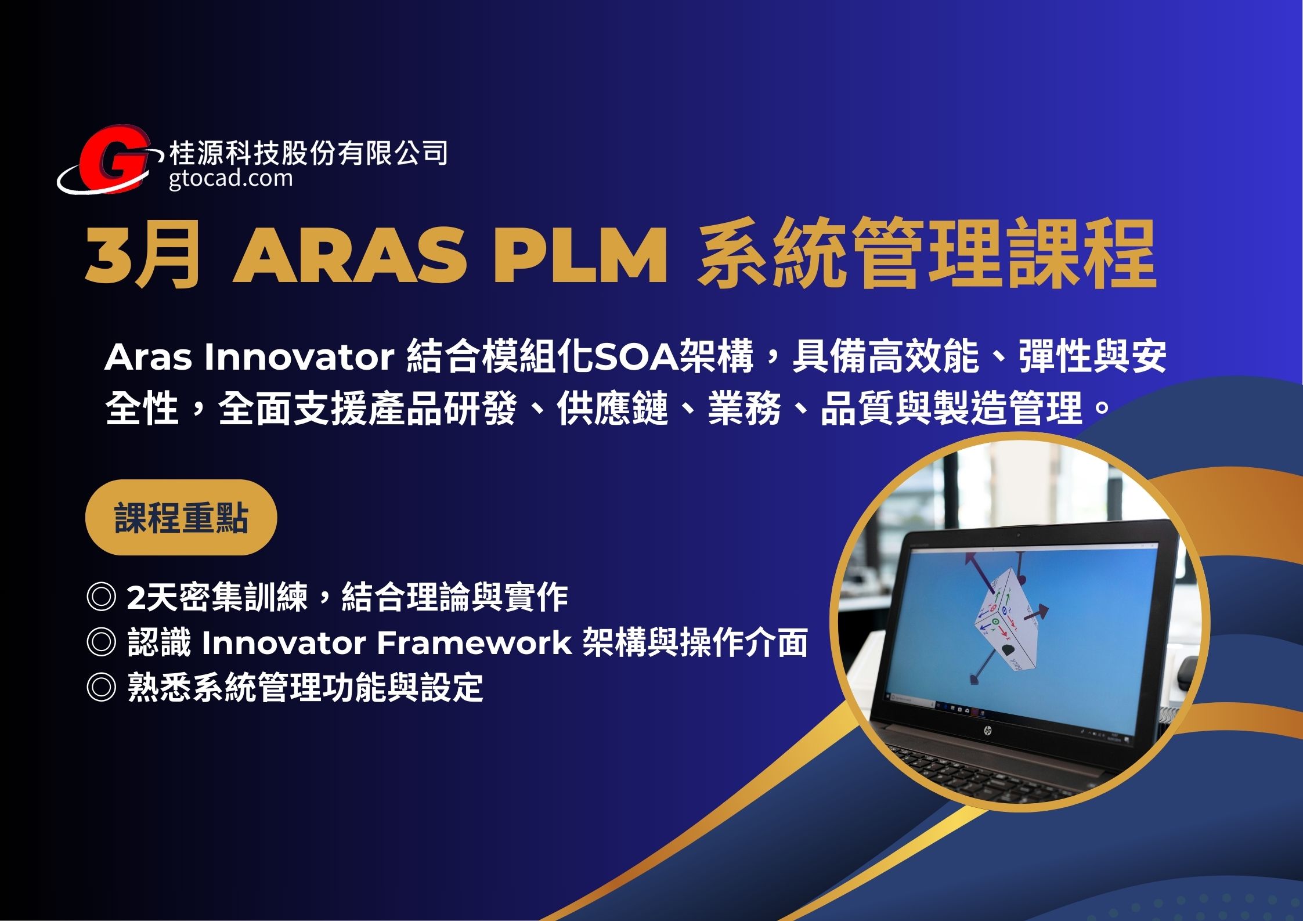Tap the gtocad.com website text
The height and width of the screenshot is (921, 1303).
(231, 178)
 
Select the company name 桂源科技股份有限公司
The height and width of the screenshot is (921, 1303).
(308, 153)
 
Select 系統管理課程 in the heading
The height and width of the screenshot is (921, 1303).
(927, 255)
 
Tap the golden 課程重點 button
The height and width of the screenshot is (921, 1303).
(181, 517)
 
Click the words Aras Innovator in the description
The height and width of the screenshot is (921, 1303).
(250, 357)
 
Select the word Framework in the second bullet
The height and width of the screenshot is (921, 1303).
(474, 642)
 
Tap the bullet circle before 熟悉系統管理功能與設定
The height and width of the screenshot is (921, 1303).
(101, 687)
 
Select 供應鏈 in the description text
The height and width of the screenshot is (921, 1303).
(613, 408)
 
